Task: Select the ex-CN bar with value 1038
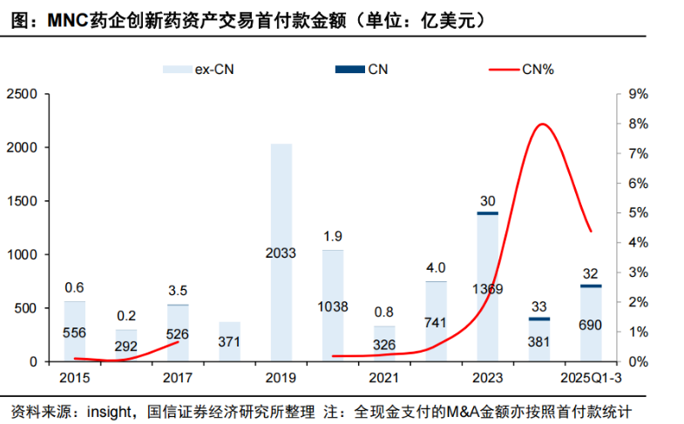click(333, 306)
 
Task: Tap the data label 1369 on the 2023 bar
click(487, 288)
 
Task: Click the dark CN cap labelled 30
click(487, 213)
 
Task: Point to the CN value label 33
click(538, 306)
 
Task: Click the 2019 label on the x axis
click(281, 377)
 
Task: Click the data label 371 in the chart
click(229, 341)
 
